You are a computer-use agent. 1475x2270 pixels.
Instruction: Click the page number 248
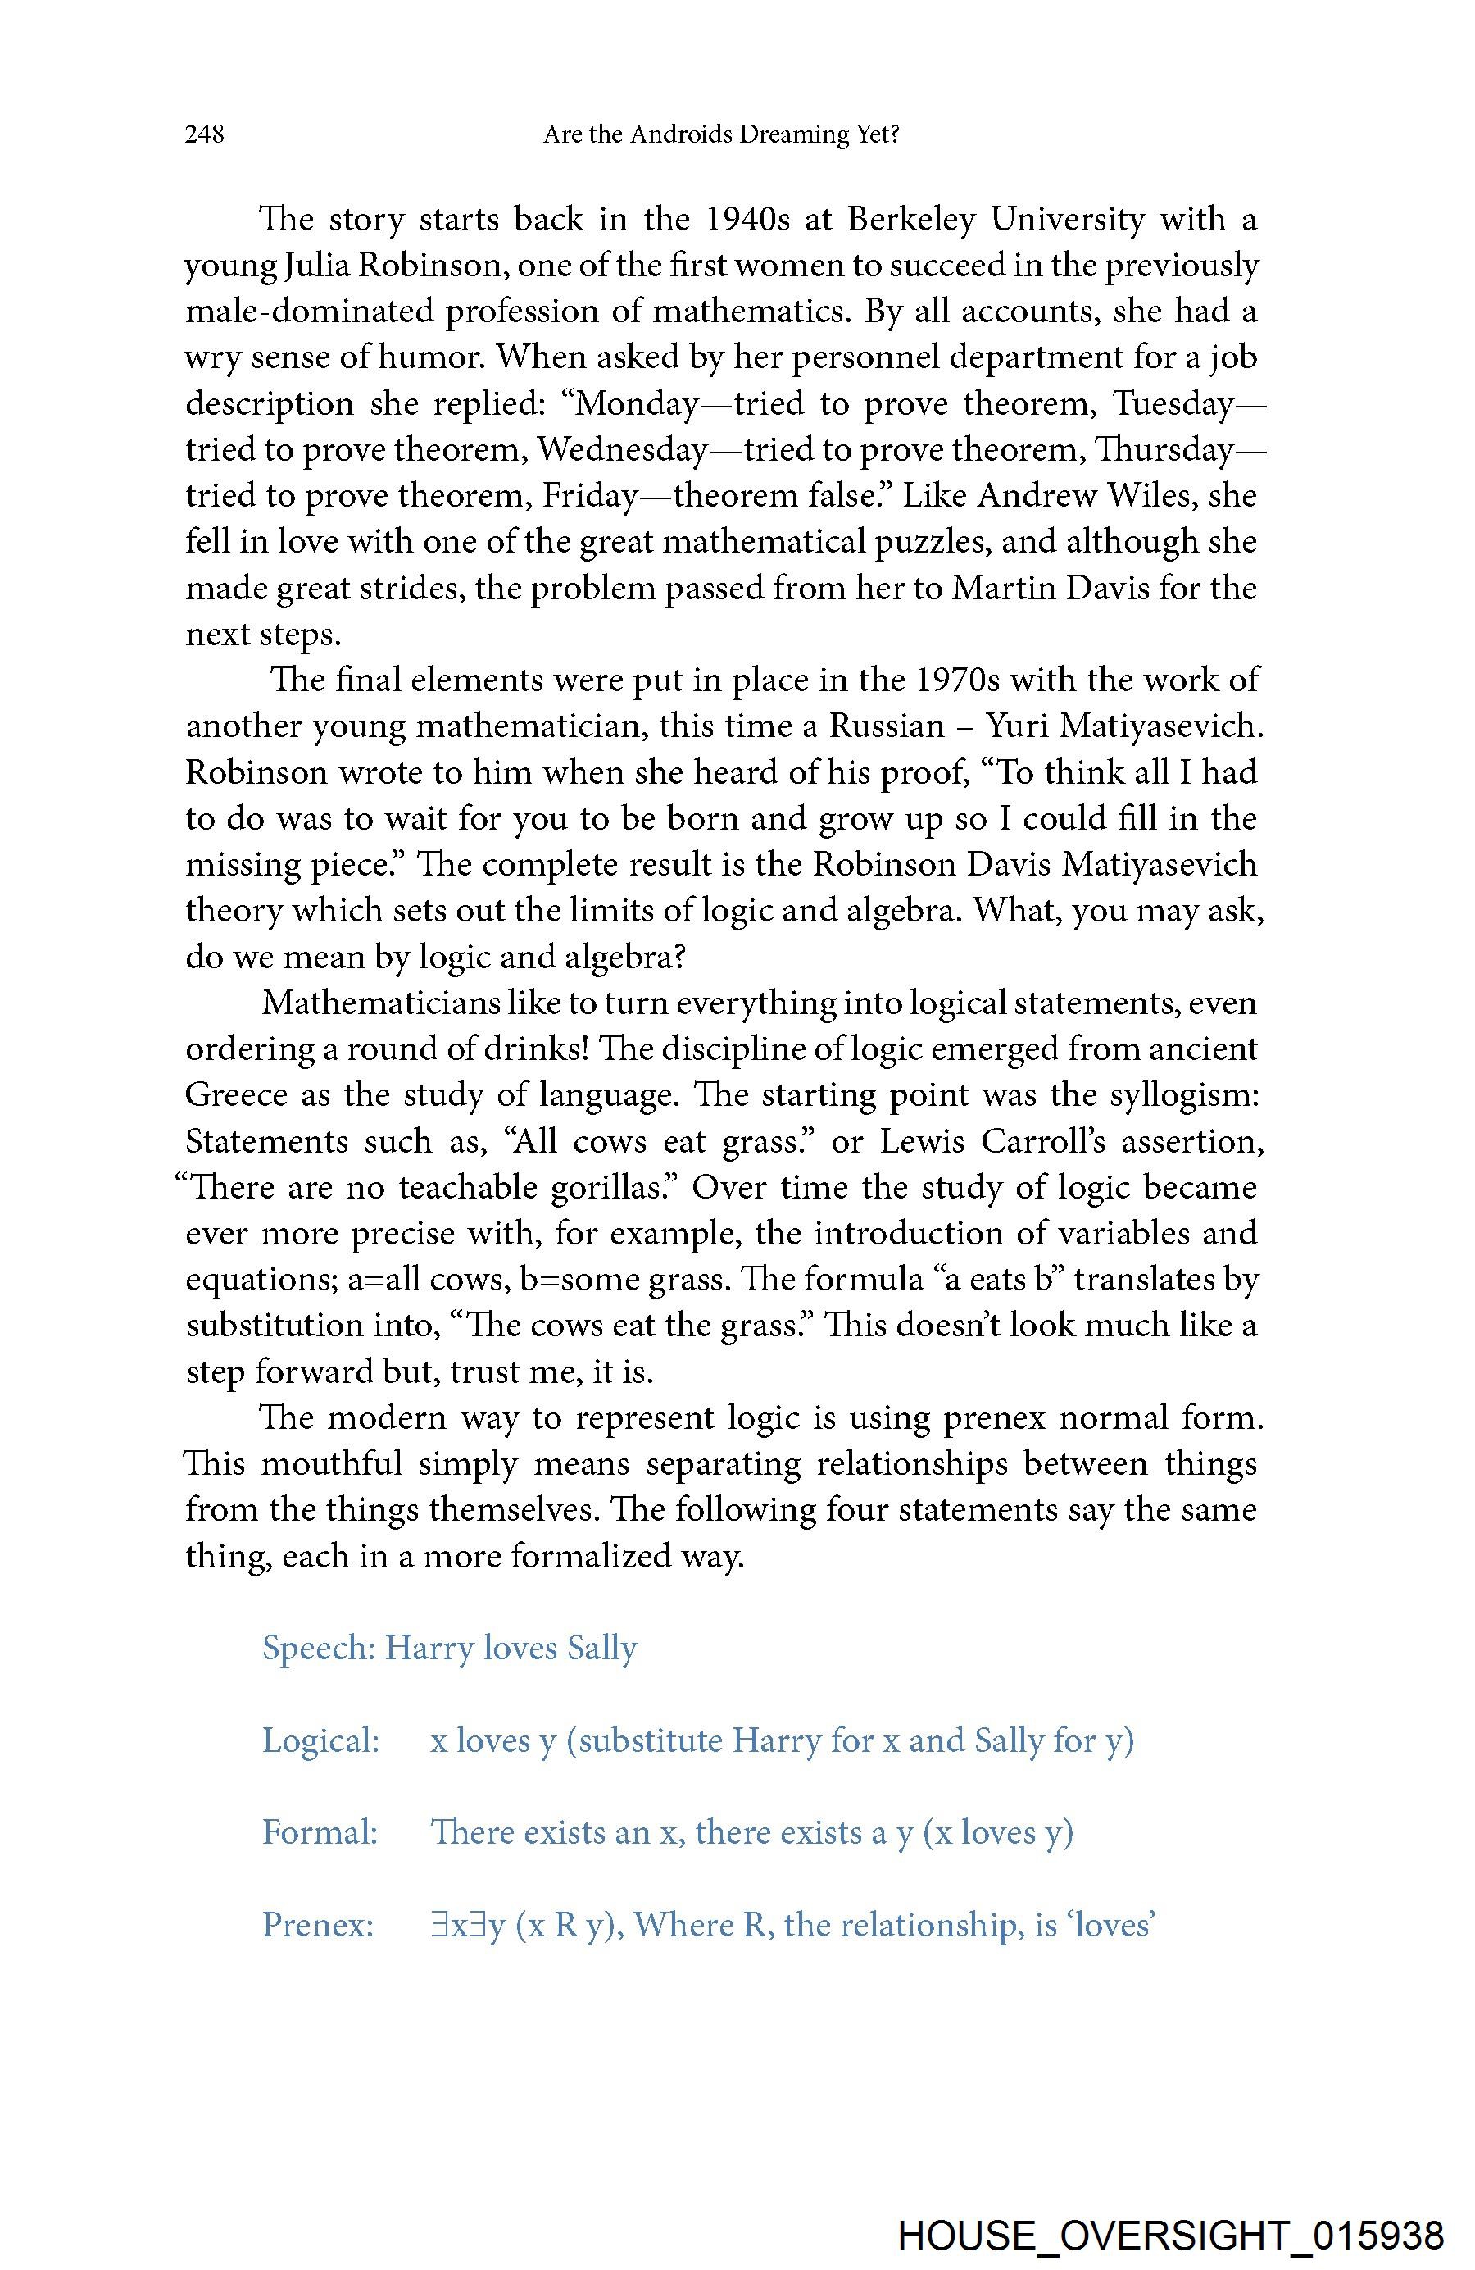(x=205, y=134)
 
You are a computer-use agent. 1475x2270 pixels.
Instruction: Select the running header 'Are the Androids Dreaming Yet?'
(x=721, y=134)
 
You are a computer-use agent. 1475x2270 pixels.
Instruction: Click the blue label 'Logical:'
(x=321, y=1741)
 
